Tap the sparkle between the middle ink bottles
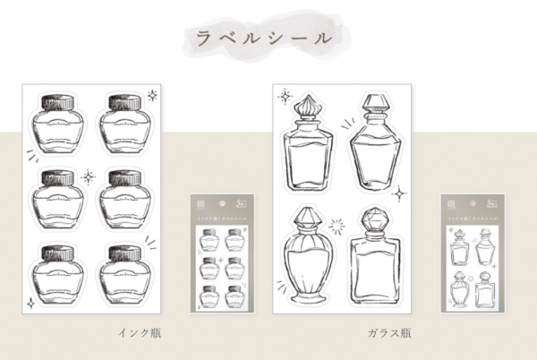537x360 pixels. click(89, 177)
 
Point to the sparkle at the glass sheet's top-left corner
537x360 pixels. click(286, 93)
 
